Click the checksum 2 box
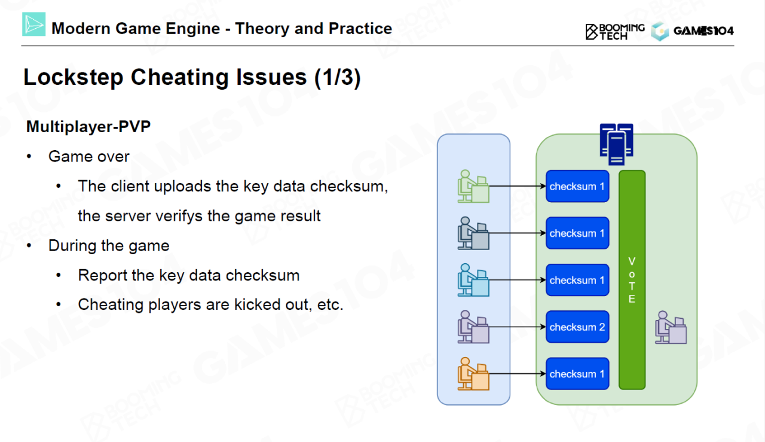[x=577, y=327]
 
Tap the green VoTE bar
[x=632, y=280]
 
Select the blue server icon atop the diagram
[x=616, y=144]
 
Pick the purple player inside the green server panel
[x=671, y=327]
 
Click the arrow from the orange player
[x=517, y=374]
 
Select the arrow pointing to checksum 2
[x=517, y=327]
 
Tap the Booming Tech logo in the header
[x=615, y=31]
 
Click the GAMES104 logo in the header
[x=693, y=31]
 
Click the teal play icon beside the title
[x=34, y=25]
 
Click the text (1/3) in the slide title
[x=338, y=78]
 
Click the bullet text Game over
[x=89, y=157]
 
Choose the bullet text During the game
[x=109, y=245]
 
